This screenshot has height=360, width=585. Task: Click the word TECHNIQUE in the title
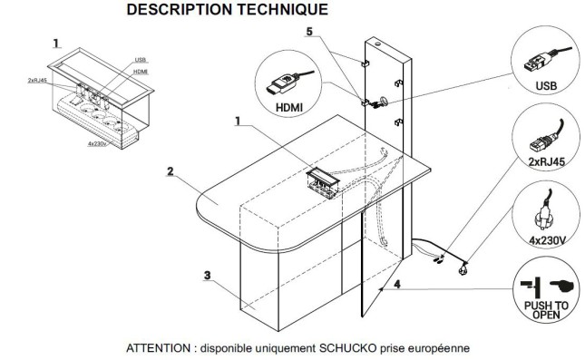(x=282, y=9)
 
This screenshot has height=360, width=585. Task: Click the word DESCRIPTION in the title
(x=179, y=9)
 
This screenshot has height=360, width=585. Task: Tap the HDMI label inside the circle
(x=289, y=108)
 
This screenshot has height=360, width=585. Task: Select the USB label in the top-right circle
(x=546, y=86)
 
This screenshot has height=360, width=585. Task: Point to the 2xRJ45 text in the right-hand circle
(x=547, y=162)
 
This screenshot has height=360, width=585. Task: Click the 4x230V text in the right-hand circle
(x=547, y=240)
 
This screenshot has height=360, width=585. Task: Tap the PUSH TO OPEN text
(x=546, y=310)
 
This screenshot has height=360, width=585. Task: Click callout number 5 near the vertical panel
(x=309, y=32)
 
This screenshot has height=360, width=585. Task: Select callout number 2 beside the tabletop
(x=171, y=171)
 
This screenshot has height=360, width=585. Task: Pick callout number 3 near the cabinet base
(x=208, y=276)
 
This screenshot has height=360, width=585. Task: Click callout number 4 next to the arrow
(x=397, y=284)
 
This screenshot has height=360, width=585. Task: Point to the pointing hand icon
(x=561, y=287)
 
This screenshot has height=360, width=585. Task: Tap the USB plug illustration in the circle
(x=539, y=62)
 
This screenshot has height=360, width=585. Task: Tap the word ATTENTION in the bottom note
(x=158, y=348)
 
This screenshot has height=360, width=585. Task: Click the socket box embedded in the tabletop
(x=323, y=182)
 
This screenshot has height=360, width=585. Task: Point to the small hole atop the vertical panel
(x=378, y=44)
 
